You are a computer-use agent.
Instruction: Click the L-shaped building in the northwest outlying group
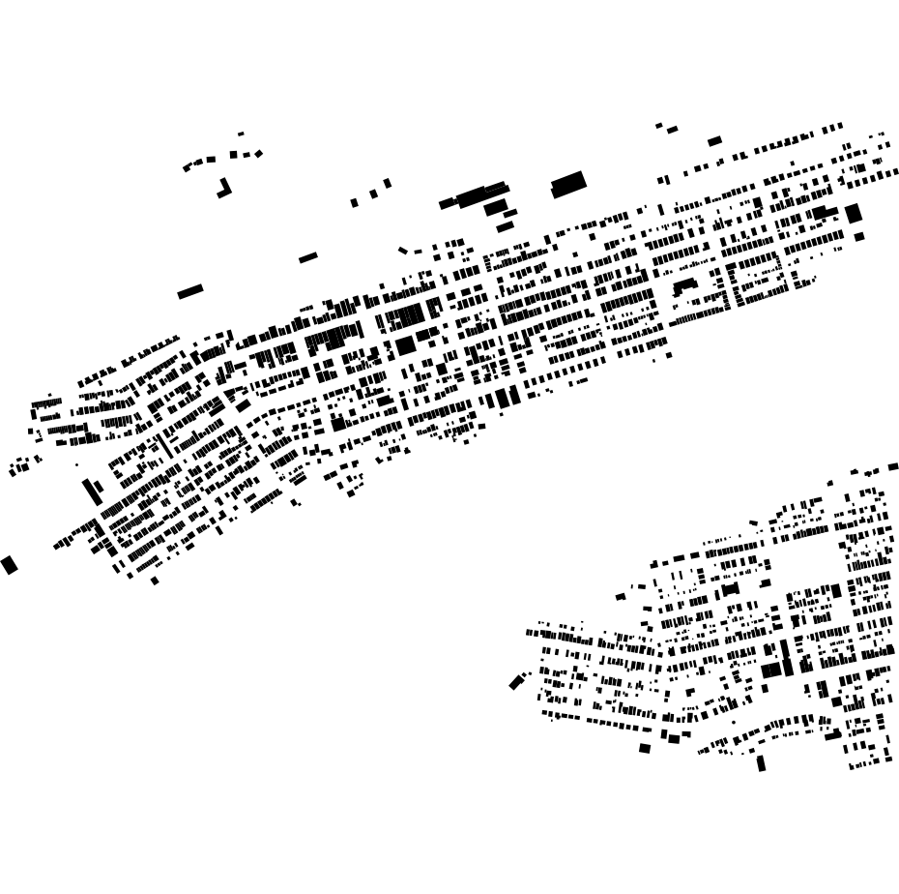[x=224, y=189]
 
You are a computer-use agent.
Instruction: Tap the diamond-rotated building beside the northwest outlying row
[x=258, y=154]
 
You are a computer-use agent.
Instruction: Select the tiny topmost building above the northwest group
[x=241, y=134]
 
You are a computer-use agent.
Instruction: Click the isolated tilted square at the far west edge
[x=10, y=565]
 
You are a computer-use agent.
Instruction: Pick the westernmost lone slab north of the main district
[x=190, y=291]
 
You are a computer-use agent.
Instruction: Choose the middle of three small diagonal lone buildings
[x=373, y=194]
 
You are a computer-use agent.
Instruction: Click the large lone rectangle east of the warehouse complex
[x=568, y=184]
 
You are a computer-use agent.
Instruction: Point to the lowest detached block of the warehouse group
[x=506, y=227]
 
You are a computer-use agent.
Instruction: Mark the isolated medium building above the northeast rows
[x=714, y=141]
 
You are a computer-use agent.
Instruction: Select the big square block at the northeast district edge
[x=853, y=213]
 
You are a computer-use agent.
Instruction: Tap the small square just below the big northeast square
[x=858, y=236]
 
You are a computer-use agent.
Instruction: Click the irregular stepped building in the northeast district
[x=684, y=285]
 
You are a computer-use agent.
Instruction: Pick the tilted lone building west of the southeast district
[x=516, y=682]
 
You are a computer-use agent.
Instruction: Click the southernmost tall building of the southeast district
[x=761, y=763]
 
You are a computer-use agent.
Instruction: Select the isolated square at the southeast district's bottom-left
[x=645, y=748]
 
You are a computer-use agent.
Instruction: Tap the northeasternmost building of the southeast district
[x=893, y=466]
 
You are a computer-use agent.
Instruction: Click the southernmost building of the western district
[x=155, y=581]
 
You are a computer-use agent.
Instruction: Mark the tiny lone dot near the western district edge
[x=77, y=464]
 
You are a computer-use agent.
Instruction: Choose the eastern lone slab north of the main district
[x=308, y=257]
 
